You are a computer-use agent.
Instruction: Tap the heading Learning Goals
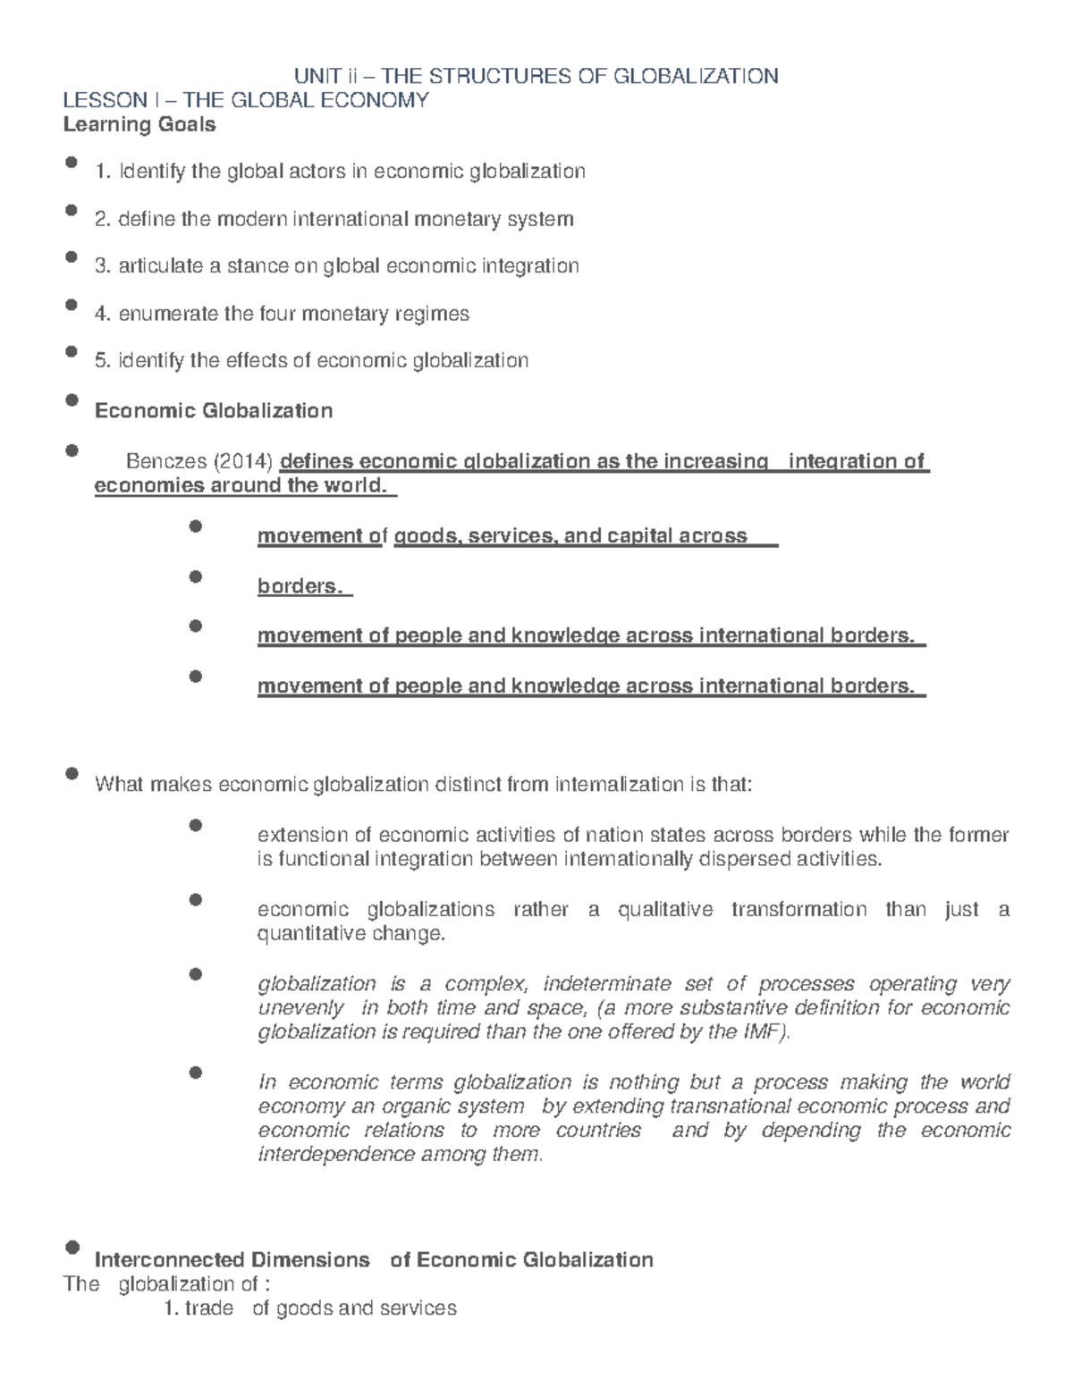point(139,124)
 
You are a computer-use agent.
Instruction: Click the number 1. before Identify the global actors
point(103,171)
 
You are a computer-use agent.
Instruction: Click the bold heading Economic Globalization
point(214,410)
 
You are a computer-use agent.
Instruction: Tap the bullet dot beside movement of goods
point(197,526)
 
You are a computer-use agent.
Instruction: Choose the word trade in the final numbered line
point(208,1308)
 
